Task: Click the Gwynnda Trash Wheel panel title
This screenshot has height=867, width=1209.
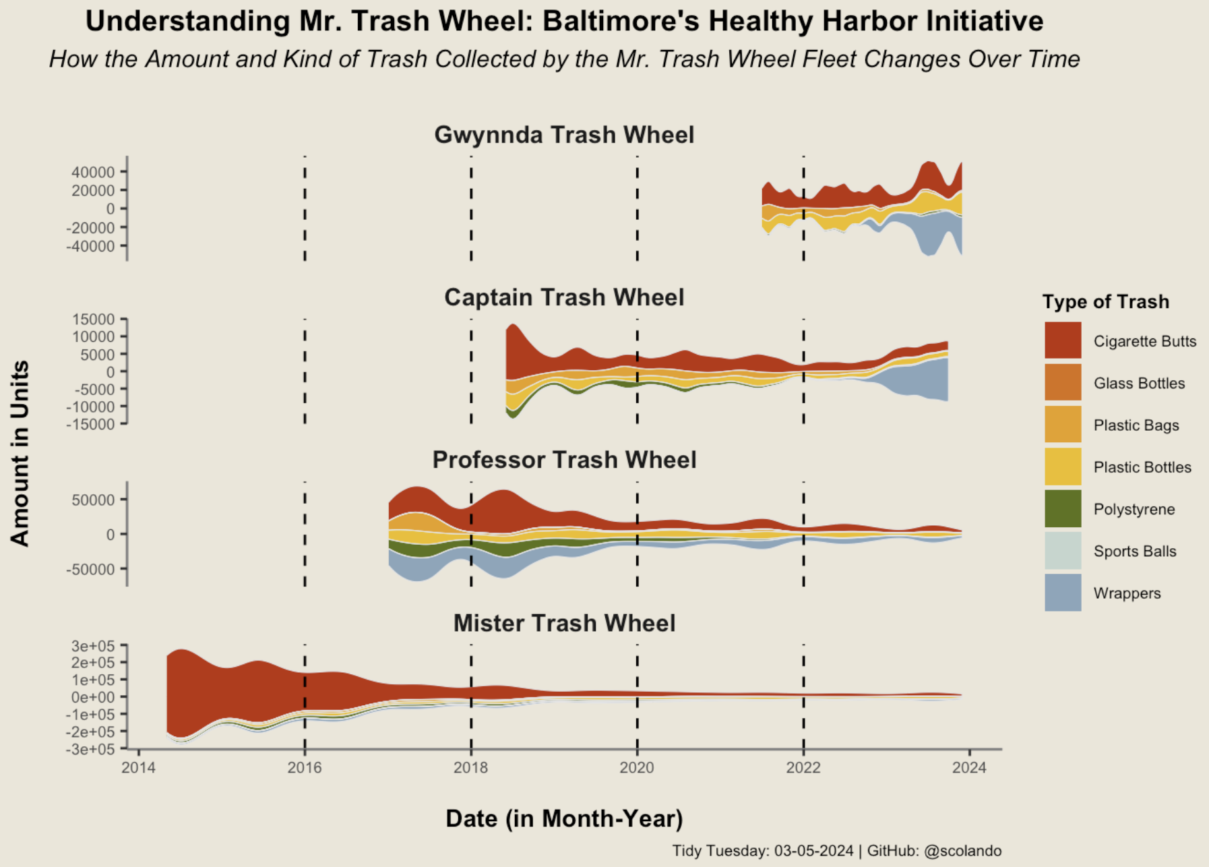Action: [564, 135]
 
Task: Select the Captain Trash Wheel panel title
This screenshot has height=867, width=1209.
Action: [564, 297]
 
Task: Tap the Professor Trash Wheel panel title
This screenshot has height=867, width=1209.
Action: [564, 460]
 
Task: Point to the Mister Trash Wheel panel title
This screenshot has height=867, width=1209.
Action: [564, 623]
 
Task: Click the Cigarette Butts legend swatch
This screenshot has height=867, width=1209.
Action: [1063, 340]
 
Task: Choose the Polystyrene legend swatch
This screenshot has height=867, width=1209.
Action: [1063, 509]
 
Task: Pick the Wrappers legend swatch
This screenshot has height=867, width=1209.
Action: [1063, 593]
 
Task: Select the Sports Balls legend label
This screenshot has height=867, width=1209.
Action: [1135, 551]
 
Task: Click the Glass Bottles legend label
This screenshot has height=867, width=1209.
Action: [1139, 384]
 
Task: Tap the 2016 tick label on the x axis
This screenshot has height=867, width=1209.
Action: [305, 767]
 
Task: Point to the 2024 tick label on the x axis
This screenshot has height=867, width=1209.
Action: [969, 767]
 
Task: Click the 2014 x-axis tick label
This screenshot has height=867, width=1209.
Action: [139, 767]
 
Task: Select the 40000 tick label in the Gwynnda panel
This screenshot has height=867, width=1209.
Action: [93, 172]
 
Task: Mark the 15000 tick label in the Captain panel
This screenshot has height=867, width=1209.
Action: [93, 319]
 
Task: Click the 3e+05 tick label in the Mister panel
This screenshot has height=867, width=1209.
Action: [93, 646]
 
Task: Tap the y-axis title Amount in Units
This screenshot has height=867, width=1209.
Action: [20, 453]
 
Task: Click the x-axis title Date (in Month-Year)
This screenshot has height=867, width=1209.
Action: [564, 818]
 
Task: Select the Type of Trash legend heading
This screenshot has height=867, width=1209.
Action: [1105, 301]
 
